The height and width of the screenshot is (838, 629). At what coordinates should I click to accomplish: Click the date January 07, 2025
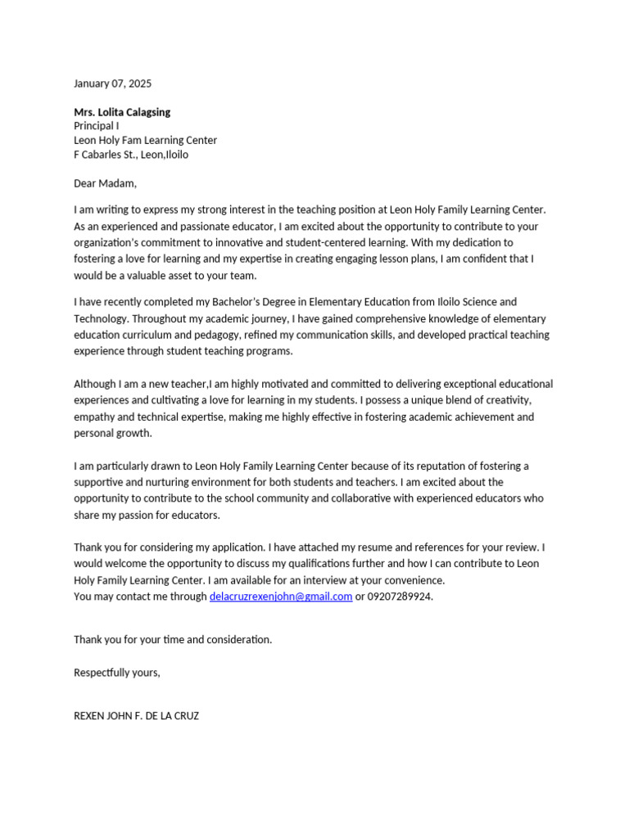(112, 83)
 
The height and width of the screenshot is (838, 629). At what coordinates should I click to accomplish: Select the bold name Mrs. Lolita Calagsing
(122, 112)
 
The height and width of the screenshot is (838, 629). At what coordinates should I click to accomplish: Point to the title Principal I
(96, 126)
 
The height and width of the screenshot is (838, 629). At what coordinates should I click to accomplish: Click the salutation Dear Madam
(105, 183)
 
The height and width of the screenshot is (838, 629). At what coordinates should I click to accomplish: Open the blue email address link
(281, 597)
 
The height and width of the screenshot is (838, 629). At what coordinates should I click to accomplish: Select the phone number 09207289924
(400, 597)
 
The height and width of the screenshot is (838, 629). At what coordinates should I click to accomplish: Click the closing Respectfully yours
(117, 673)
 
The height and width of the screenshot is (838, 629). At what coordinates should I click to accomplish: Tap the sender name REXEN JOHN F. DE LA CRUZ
(136, 716)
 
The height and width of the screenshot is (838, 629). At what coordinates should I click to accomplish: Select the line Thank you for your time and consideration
(173, 639)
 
